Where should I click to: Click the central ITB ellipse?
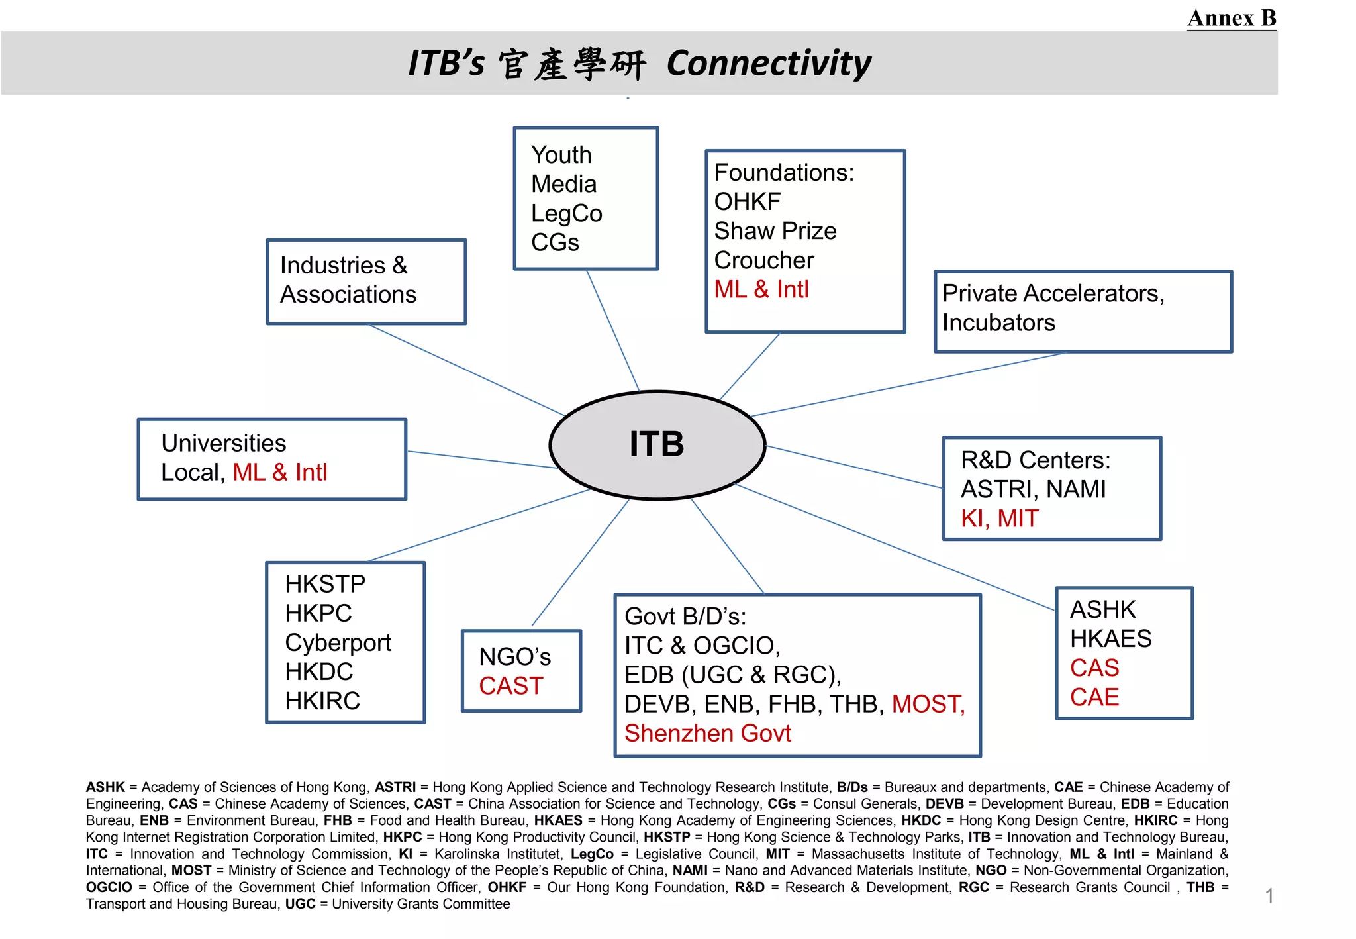(657, 444)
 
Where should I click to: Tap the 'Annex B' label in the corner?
(1232, 18)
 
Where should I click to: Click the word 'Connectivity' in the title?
(768, 64)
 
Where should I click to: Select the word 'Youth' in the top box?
(561, 155)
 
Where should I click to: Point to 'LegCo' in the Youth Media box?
(566, 213)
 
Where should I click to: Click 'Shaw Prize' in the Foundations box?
(775, 231)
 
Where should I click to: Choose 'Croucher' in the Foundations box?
(763, 260)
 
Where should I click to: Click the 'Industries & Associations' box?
(366, 281)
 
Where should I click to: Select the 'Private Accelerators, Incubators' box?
(1083, 311)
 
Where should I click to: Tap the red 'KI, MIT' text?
(999, 519)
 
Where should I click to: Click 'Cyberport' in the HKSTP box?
(338, 642)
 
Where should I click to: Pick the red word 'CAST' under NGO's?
(510, 686)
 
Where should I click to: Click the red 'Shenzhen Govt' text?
(707, 734)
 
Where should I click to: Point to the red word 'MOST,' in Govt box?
(928, 704)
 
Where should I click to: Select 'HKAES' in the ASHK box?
(1110, 639)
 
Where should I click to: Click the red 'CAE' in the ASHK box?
(1094, 697)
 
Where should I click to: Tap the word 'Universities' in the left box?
(223, 443)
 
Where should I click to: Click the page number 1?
(1269, 896)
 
